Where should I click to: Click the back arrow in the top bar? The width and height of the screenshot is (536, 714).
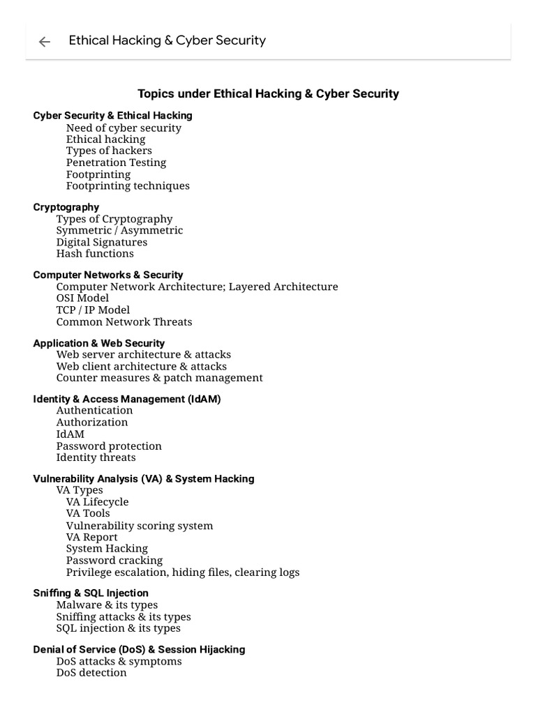45,42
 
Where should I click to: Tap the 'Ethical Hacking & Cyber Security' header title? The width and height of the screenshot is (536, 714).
167,40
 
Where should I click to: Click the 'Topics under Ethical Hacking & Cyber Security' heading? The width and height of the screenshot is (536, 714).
268,93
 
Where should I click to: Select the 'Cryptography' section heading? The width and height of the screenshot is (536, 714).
66,207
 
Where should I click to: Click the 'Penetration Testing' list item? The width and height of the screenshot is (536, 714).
116,162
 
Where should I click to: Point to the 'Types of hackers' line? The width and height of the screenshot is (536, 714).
109,151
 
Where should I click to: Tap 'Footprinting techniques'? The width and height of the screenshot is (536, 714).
128,185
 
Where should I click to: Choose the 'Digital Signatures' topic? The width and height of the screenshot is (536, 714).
102,242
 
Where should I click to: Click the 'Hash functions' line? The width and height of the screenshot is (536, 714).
95,253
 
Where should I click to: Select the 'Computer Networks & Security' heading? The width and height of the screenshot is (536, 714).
108,275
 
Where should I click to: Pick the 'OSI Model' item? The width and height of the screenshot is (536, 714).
82,298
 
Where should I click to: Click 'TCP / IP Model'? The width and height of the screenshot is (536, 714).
93,310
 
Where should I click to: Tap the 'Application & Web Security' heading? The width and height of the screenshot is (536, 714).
99,343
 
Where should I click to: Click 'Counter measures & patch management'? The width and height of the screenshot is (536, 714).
159,377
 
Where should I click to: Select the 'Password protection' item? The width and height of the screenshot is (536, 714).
109,446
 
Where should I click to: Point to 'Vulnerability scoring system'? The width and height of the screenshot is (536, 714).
140,525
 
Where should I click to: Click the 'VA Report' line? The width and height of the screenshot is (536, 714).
92,537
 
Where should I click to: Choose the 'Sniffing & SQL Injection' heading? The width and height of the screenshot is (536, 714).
91,593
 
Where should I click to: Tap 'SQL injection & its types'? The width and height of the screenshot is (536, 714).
118,628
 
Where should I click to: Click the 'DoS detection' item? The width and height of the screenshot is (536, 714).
91,672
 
